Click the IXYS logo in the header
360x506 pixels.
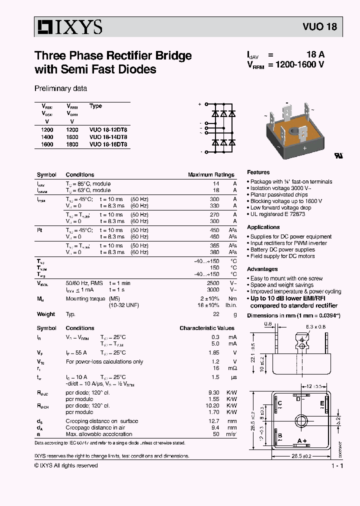pyautogui.click(x=68, y=27)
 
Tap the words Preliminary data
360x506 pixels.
pyautogui.click(x=60, y=88)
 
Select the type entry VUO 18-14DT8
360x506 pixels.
pyautogui.click(x=108, y=136)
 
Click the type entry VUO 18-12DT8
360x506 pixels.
pyautogui.click(x=108, y=129)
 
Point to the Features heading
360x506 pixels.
pyautogui.click(x=258, y=172)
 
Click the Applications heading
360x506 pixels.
pyautogui.click(x=263, y=227)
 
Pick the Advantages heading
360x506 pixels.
pyautogui.click(x=262, y=269)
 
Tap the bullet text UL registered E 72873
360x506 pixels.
pyautogui.click(x=277, y=214)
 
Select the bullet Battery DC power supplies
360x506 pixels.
pyautogui.click(x=282, y=249)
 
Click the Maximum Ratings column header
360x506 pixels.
pyautogui.click(x=211, y=175)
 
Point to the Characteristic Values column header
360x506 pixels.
pyautogui.click(x=207, y=328)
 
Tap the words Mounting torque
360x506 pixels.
pyautogui.click(x=85, y=298)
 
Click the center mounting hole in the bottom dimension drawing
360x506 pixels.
pyautogui.click(x=301, y=420)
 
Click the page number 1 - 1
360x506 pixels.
pyautogui.click(x=337, y=466)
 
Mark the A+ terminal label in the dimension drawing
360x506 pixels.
pyautogui.click(x=302, y=440)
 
